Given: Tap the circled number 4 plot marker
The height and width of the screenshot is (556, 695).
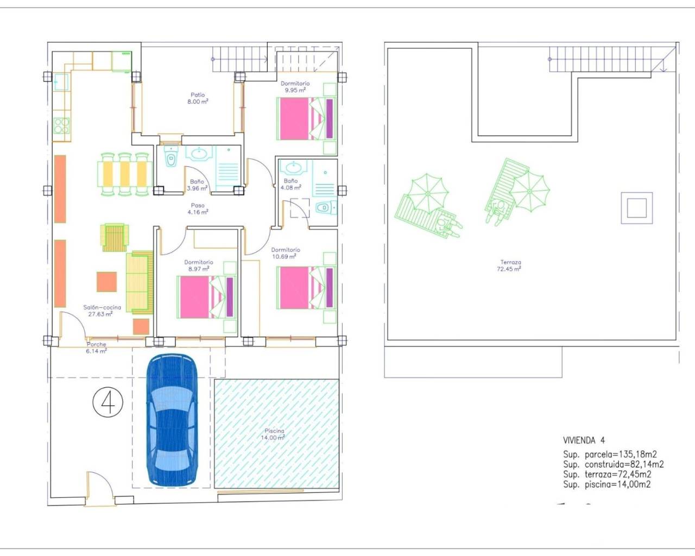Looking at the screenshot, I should (108, 402).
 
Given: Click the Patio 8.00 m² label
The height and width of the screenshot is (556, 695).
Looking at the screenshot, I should (198, 98).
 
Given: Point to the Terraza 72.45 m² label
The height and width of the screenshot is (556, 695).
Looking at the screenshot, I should (510, 266).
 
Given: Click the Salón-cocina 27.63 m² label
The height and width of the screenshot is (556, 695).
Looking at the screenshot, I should (102, 311).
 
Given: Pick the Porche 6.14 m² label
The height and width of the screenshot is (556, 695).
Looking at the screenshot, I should (97, 347).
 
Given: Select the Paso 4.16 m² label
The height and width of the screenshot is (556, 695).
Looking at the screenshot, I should (198, 209).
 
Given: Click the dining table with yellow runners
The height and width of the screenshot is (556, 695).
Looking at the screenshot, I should (125, 174).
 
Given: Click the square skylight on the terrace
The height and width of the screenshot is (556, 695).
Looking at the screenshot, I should (636, 208).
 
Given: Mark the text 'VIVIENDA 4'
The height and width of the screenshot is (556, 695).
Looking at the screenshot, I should (584, 440).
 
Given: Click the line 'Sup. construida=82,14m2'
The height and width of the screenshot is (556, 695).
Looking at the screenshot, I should (613, 464).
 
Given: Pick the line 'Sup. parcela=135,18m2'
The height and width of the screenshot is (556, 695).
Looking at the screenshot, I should (610, 454).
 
